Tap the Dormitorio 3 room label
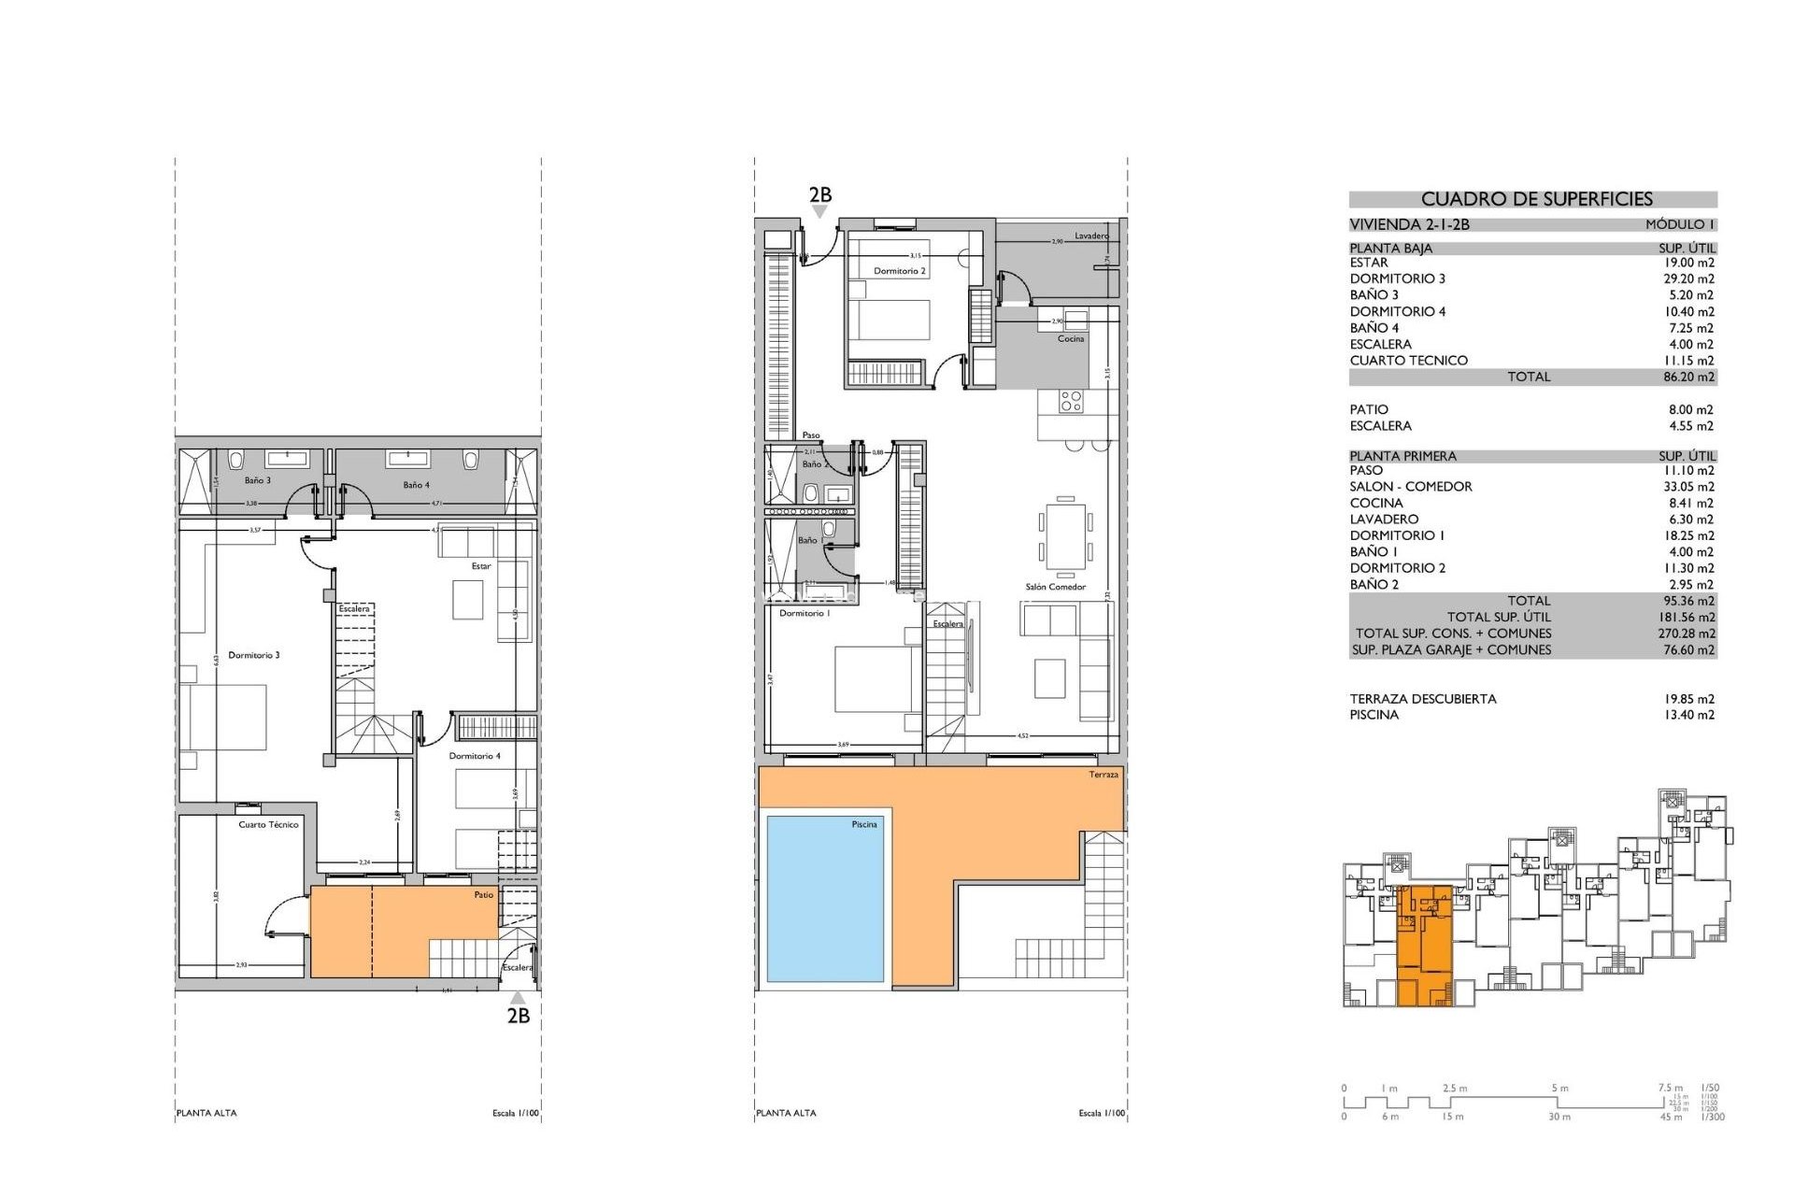[x=254, y=655]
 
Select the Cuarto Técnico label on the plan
[x=268, y=824]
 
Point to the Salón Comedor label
[x=1055, y=587]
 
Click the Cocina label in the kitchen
[x=1071, y=338]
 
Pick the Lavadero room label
[x=1090, y=235]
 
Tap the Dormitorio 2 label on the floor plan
[x=899, y=271]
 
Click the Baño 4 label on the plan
[x=416, y=485]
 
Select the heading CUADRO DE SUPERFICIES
[x=1536, y=199]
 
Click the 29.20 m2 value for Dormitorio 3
[x=1688, y=278]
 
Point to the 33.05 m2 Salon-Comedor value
[x=1688, y=487]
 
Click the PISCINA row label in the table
[x=1374, y=715]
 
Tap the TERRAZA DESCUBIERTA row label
[x=1422, y=699]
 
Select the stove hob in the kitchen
[x=1071, y=402]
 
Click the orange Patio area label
[x=483, y=894]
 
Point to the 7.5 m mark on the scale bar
[x=1670, y=1088]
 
